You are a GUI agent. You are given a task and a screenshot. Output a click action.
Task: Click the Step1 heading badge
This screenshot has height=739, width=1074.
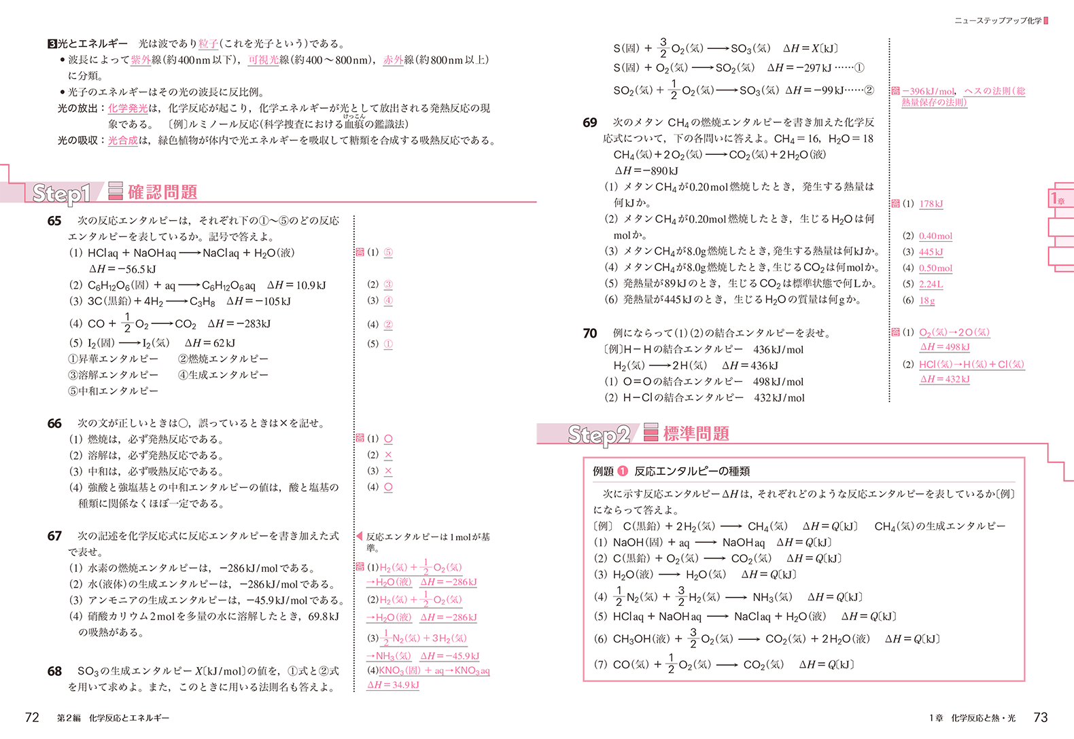61,194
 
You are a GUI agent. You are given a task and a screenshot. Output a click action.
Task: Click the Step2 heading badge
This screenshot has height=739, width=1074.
599,435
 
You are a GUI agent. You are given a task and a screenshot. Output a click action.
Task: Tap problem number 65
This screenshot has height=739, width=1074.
54,221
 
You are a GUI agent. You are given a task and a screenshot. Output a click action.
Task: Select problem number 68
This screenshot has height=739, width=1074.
54,671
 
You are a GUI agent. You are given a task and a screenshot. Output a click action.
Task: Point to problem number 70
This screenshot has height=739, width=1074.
590,334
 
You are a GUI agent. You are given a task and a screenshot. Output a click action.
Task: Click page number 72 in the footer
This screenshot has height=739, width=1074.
32,717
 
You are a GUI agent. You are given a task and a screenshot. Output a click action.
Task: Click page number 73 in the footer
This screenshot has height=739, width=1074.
1040,717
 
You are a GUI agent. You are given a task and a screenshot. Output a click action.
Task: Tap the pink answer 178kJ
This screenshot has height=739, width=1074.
931,204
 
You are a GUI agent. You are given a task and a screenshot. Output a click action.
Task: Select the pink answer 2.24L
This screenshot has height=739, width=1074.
931,285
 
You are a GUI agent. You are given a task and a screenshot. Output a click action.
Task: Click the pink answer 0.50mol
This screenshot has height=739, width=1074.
935,268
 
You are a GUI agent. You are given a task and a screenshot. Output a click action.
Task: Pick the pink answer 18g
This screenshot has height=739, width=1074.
927,300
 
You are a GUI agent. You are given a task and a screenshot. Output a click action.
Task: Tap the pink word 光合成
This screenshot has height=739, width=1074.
123,141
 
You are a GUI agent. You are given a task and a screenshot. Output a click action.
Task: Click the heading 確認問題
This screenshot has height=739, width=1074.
162,193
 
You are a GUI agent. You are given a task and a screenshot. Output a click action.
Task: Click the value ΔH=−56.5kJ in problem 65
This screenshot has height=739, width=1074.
122,269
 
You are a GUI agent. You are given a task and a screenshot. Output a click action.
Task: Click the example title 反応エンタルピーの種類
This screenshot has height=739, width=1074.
691,471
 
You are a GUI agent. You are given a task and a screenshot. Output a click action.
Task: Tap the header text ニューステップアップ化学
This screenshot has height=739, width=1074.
997,21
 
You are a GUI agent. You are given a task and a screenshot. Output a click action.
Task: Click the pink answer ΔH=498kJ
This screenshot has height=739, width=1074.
945,347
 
